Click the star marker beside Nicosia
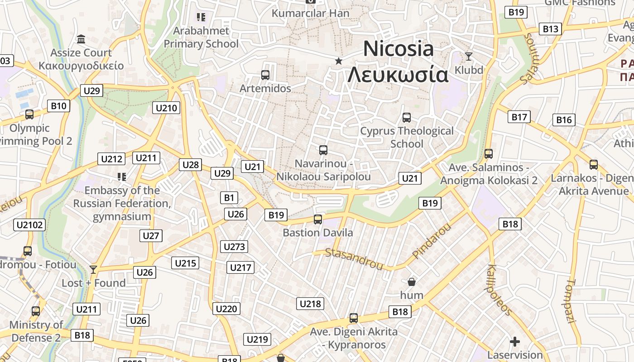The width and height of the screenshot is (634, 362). pos(338,61)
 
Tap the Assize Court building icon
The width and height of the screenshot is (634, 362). pos(81,39)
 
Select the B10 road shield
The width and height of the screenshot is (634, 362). pos(58,106)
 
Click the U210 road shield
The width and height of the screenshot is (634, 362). pos(167,108)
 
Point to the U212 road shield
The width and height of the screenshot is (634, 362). pos(111,159)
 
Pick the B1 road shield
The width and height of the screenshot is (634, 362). pos(229,198)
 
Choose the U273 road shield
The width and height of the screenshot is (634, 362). pos(234,247)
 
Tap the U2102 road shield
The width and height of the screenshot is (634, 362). pos(29,225)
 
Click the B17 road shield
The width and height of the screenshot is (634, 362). pos(519,117)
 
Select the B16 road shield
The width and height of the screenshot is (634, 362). pos(564,120)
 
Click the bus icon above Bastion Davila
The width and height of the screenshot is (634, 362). pos(318,219)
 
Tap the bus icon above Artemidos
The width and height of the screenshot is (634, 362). pos(265,75)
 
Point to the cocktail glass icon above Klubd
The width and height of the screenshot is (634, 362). pos(469,57)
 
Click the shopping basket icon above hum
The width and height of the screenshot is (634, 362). pos(412,282)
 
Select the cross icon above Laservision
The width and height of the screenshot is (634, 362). pos(515,342)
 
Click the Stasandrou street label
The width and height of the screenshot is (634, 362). pos(354,259)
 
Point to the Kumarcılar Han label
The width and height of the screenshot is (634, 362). pos(311,13)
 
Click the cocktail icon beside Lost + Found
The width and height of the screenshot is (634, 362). pos(93,270)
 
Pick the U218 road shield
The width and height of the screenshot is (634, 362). pos(310,304)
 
